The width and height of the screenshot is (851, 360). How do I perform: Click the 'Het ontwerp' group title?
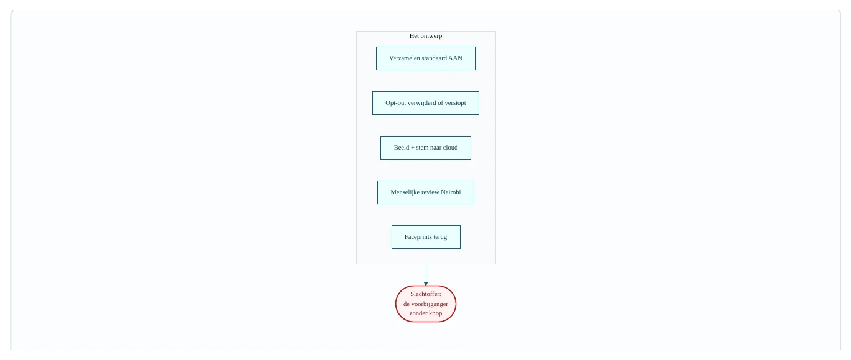tap(426, 36)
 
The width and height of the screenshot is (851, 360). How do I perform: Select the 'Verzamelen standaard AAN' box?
tap(426, 58)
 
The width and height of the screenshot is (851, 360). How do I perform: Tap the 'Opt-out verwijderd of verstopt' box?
tap(426, 103)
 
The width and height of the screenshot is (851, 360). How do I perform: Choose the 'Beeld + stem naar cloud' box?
tap(426, 148)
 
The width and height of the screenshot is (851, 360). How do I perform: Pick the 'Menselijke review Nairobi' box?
tap(426, 192)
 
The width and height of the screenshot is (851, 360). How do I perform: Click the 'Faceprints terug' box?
tap(426, 237)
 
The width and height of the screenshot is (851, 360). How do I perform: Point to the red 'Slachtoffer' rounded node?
tap(426, 304)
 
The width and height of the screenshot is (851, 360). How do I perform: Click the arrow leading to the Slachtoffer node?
tap(426, 275)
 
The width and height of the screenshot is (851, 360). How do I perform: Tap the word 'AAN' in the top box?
tap(455, 58)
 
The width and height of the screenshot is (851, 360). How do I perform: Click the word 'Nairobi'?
tap(451, 192)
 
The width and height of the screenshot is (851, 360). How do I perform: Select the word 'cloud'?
tap(450, 147)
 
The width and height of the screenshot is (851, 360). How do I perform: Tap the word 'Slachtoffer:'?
tap(426, 294)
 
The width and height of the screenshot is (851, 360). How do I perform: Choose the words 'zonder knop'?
tap(426, 313)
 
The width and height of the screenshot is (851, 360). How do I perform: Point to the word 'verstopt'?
tap(455, 103)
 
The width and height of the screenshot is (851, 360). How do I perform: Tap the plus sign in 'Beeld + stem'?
tap(413, 148)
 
